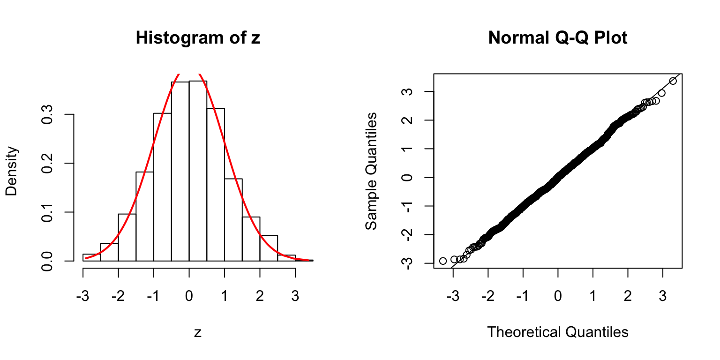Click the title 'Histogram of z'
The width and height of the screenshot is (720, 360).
pos(197,38)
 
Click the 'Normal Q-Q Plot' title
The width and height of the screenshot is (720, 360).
pos(557,38)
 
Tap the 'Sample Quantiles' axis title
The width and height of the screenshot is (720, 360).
pos(371,171)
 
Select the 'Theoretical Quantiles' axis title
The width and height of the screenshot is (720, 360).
pos(557,332)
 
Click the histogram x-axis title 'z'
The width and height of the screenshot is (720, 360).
pos(197,332)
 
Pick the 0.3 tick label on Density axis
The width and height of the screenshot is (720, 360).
pos(47,114)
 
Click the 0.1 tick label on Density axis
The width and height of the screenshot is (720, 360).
pos(47,212)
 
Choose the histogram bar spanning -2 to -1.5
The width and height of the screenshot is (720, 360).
pos(127,237)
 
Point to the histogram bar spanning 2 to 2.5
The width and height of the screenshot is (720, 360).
pos(269,248)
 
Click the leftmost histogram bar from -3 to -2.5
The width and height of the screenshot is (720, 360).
pos(92,257)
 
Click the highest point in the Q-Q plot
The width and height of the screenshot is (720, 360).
pos(673,81)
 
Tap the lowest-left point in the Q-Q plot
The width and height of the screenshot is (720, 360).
pos(443,261)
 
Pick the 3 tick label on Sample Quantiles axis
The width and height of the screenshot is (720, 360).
pos(407,91)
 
